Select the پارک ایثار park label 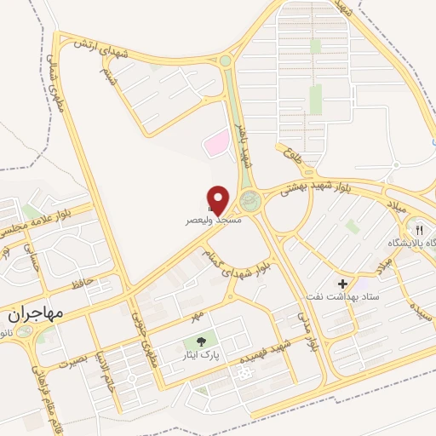coord(201,353)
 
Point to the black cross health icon coord(343,284)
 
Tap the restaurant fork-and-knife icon coord(418,229)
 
